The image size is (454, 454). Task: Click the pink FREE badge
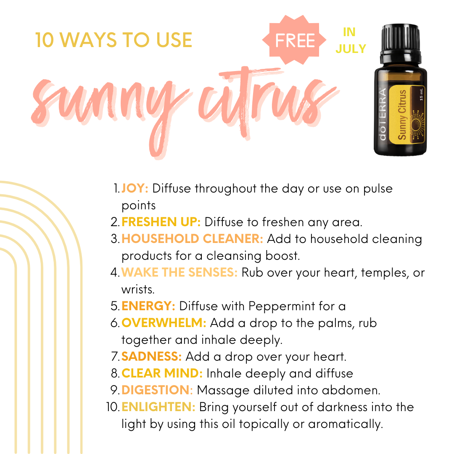coord(294,40)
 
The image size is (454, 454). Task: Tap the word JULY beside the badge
coord(351,49)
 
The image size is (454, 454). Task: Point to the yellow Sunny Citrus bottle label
coord(406,114)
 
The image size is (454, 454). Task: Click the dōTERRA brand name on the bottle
coord(383,114)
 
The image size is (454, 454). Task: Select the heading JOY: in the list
coord(135,188)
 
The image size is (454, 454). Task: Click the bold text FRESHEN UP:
coord(161,222)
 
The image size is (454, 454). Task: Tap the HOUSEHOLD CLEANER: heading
coord(192,239)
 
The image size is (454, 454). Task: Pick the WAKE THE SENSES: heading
coord(179,272)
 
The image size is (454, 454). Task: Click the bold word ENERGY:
coord(148,306)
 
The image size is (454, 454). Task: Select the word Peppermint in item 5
coord(282,306)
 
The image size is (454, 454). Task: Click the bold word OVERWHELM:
coord(164,322)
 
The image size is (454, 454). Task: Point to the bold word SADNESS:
coord(151,356)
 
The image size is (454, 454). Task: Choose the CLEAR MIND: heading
coord(162,373)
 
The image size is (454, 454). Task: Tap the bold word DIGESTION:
coord(157,390)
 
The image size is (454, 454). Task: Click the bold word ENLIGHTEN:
coord(158,406)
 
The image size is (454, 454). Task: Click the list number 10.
coord(113,407)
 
